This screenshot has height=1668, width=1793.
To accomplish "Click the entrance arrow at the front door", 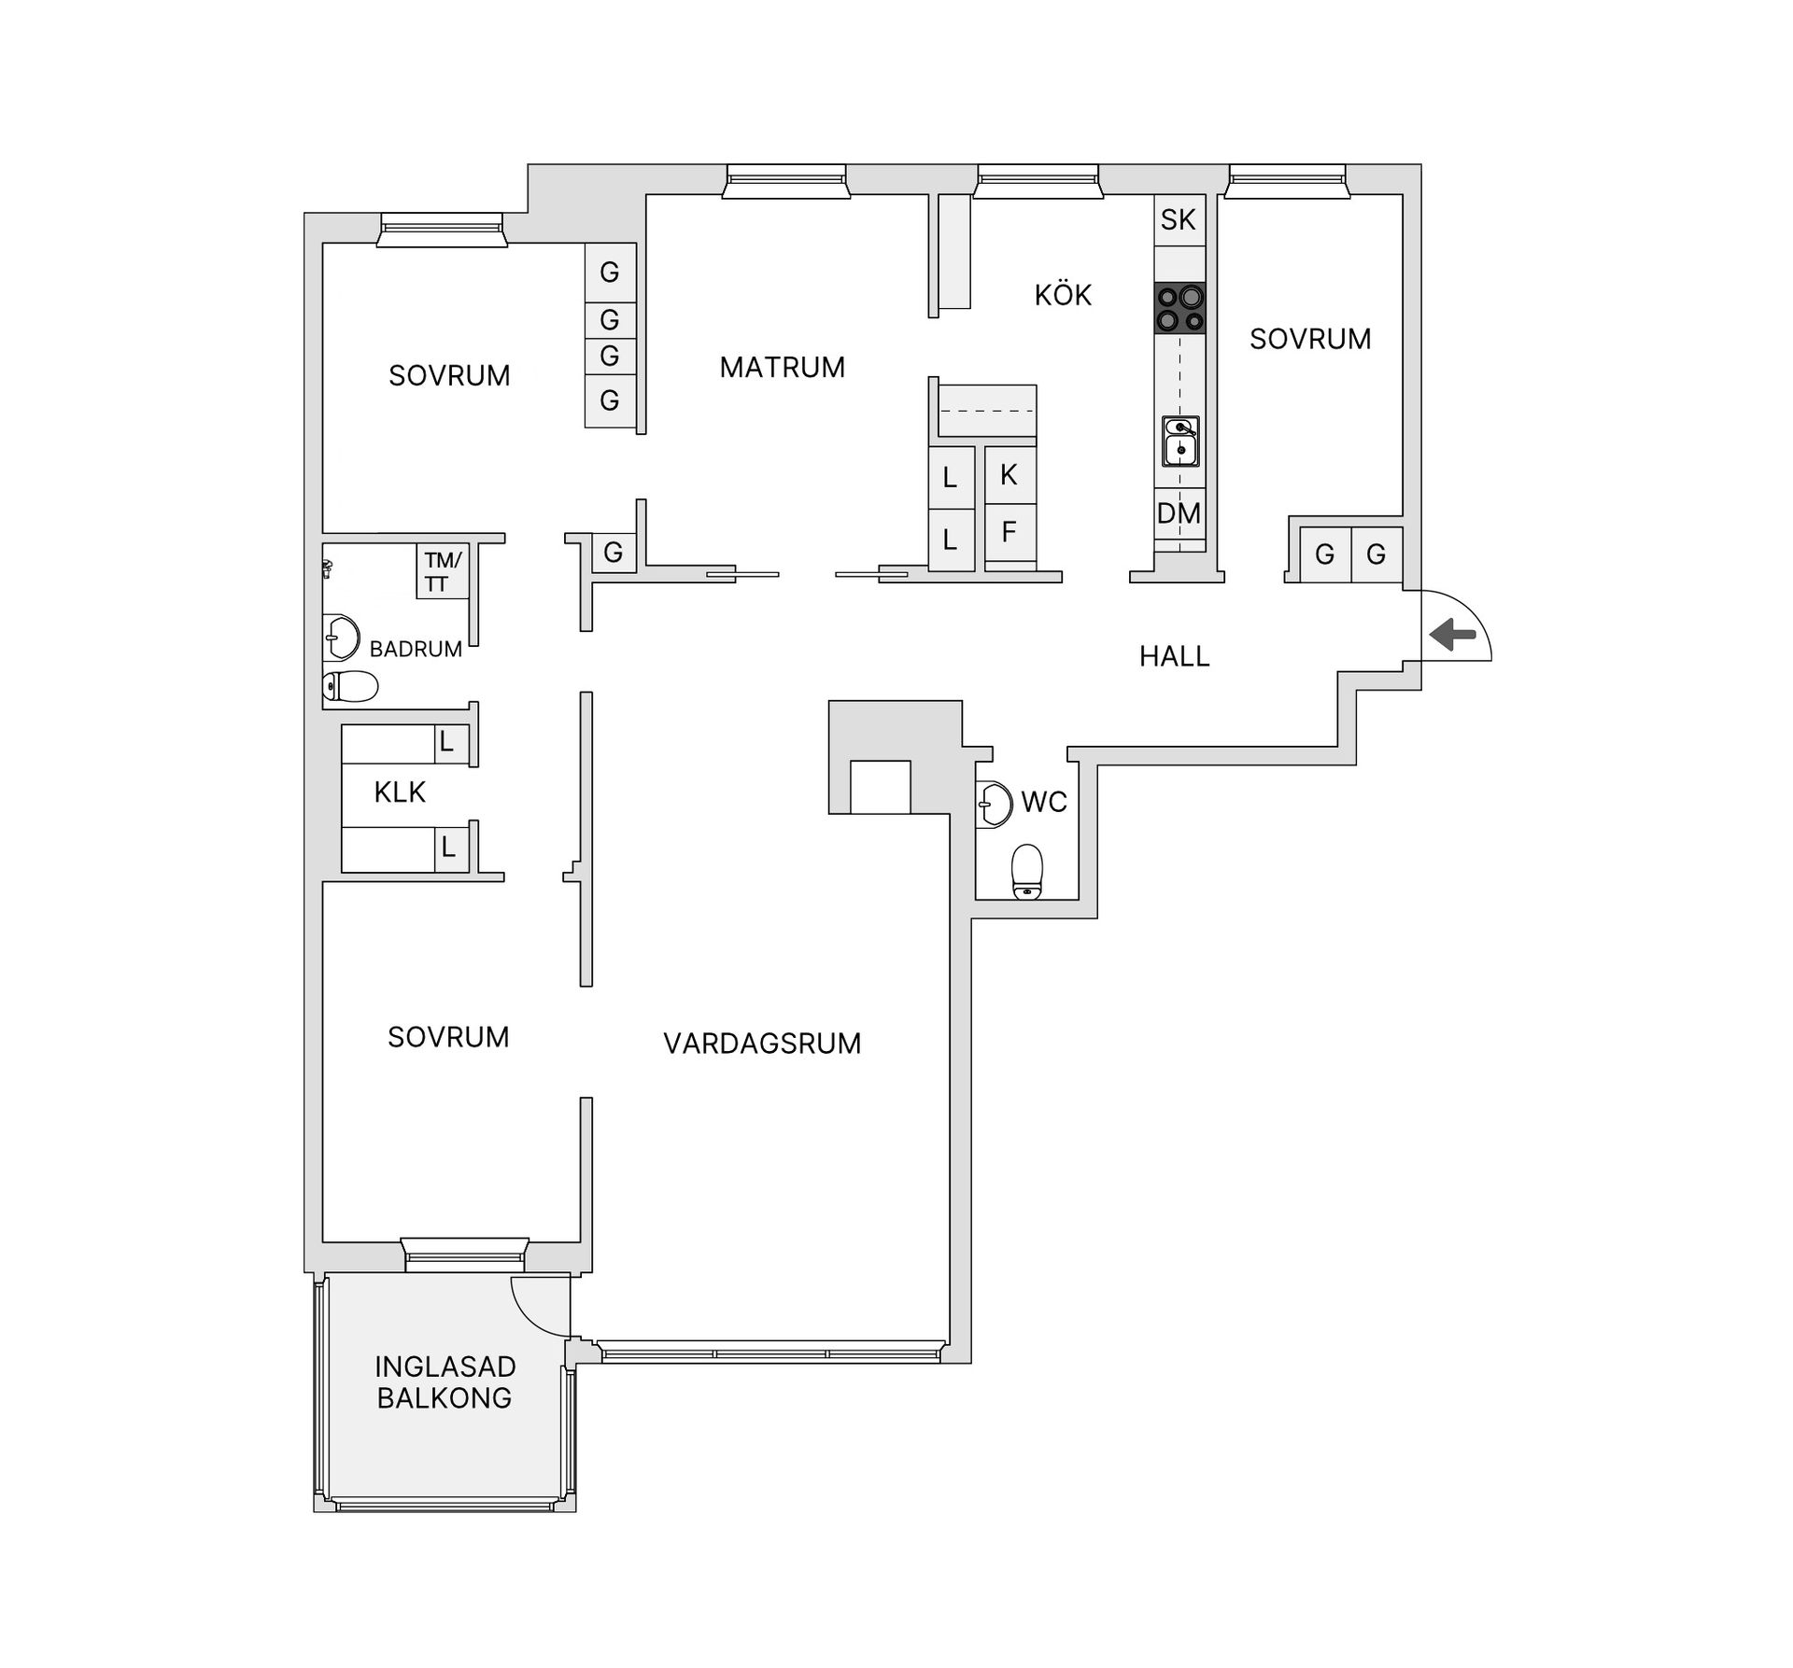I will (x=1452, y=636).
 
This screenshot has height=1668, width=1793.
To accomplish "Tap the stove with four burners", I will (x=1179, y=309).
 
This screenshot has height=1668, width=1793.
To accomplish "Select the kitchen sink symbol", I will (x=1180, y=442).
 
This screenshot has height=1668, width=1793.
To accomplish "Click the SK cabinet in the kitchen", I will (x=1179, y=220).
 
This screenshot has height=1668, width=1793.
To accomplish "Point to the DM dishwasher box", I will (x=1179, y=513).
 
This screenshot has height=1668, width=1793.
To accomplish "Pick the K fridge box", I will (x=1009, y=474).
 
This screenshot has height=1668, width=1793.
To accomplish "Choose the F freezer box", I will (x=1009, y=532).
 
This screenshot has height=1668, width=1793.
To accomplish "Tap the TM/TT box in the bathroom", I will (x=443, y=571).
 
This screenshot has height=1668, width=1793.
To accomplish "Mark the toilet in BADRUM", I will (x=350, y=687).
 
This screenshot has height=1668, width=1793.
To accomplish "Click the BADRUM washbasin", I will (x=340, y=638).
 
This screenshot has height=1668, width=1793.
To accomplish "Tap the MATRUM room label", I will (x=782, y=368).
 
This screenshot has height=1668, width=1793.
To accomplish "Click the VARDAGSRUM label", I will (x=762, y=1044).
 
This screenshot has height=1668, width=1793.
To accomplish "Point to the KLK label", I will (x=400, y=792).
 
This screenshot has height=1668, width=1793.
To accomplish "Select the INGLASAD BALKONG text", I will (x=445, y=1382).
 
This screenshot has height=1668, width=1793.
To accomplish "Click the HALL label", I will (x=1174, y=657).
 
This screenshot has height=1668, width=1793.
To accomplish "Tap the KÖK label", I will (x=1063, y=296).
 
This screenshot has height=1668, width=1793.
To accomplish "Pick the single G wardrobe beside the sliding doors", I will (x=614, y=553).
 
